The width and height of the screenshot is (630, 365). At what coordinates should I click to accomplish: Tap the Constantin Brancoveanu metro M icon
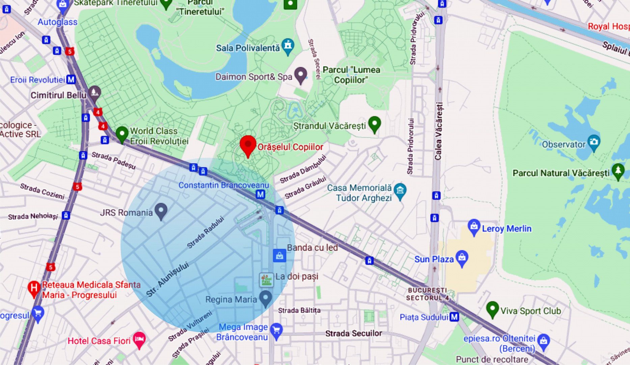point(260,194)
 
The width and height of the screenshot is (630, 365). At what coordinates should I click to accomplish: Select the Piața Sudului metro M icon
point(455,317)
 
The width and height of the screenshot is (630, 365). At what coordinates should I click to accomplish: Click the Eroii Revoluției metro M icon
point(71,80)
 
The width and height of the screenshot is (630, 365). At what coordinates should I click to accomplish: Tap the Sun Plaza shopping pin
point(462,258)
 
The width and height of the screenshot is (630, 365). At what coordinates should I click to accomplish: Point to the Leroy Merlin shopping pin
point(474,227)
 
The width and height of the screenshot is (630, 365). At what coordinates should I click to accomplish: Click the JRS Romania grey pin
point(161,211)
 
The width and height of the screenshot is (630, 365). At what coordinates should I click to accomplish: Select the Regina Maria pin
point(266,298)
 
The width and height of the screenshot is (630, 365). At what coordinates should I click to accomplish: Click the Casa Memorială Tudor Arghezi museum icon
point(400,191)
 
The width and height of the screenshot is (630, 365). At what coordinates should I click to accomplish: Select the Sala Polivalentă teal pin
point(288,46)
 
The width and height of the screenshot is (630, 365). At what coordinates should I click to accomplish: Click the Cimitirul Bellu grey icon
point(94,93)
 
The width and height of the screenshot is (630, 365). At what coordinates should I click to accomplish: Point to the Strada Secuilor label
point(353,334)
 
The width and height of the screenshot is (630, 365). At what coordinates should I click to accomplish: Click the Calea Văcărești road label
point(438,131)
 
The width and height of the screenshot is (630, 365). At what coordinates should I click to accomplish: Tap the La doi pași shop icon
point(266,280)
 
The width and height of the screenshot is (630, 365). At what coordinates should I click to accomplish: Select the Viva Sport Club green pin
point(492,309)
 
